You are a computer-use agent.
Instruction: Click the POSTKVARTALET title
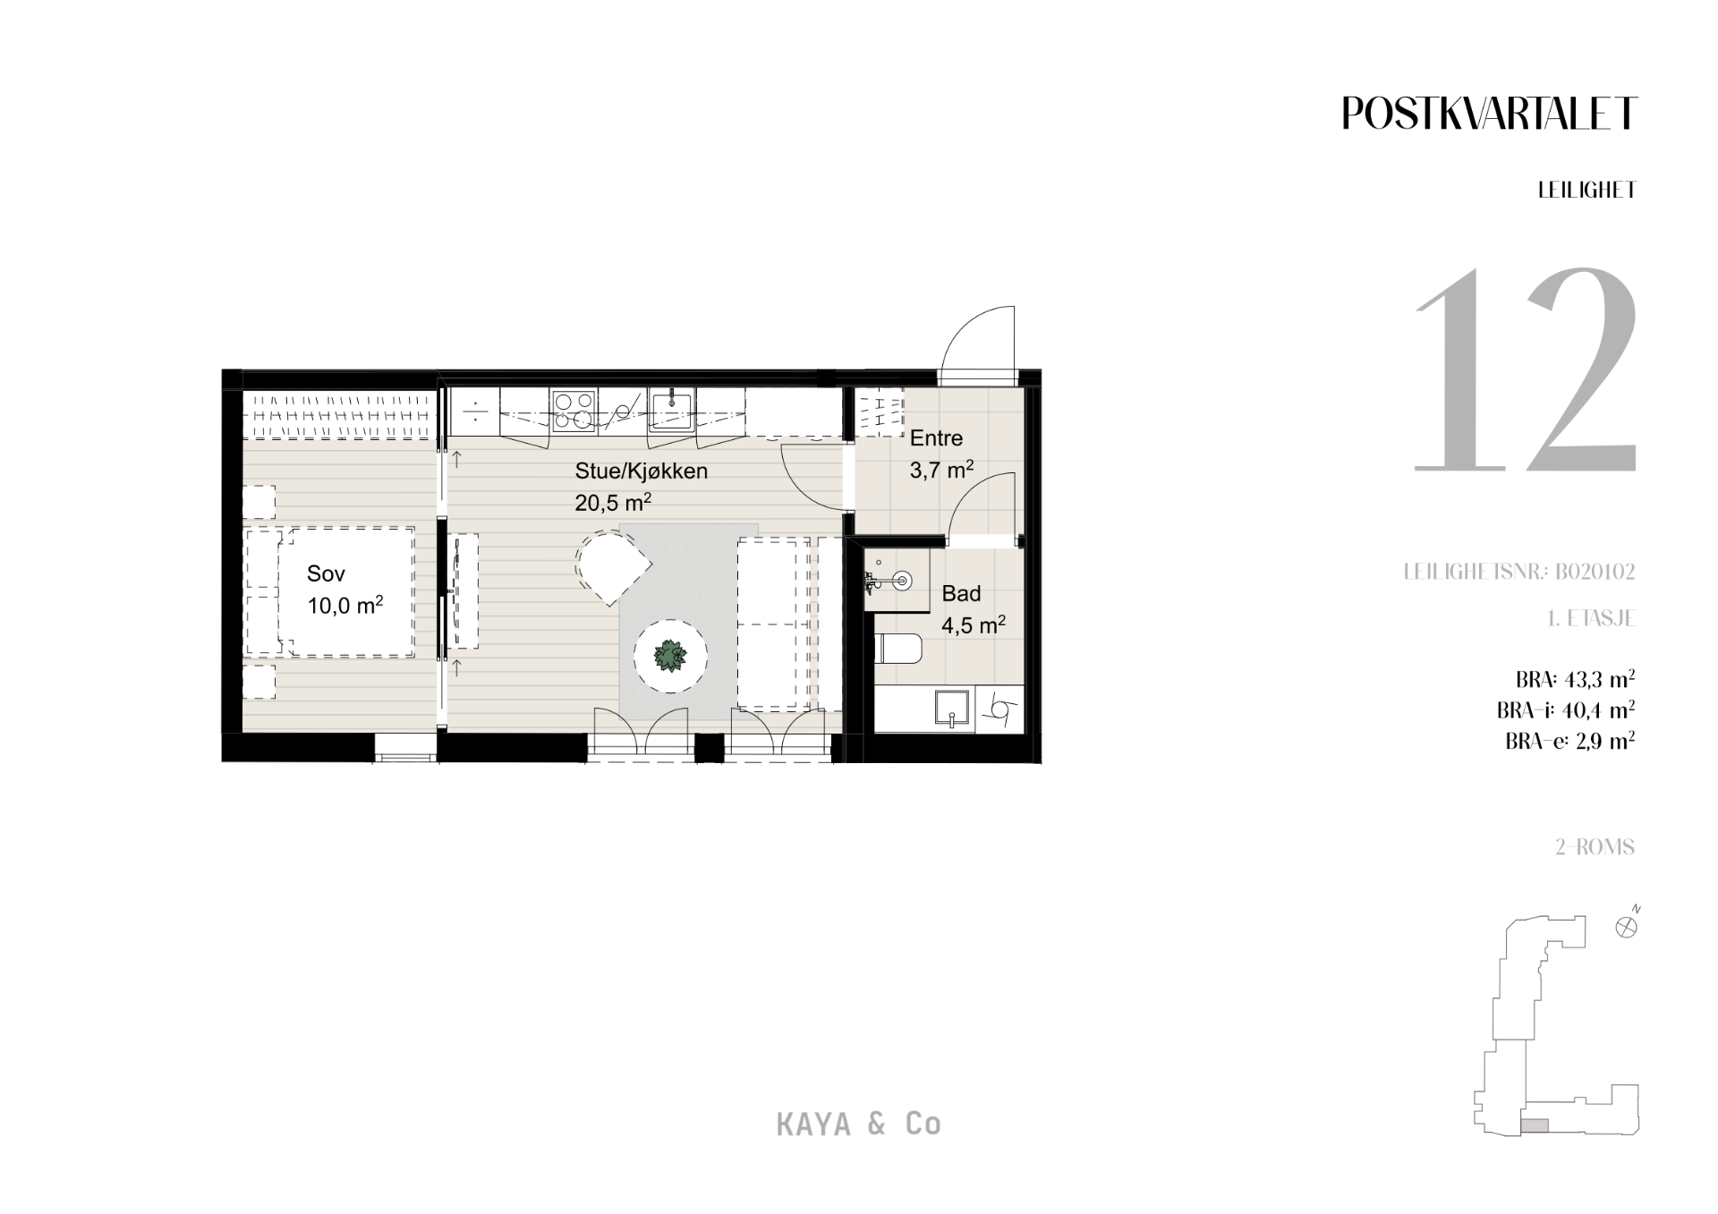click(x=1489, y=114)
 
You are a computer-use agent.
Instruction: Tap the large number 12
click(x=1525, y=369)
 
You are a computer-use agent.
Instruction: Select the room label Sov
click(x=326, y=573)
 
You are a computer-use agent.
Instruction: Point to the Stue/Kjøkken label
click(x=641, y=471)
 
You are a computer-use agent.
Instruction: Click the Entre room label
click(x=936, y=438)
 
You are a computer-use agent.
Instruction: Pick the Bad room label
click(x=961, y=593)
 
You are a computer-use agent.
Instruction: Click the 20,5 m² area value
click(x=613, y=502)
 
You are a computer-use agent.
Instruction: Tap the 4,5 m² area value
click(x=973, y=624)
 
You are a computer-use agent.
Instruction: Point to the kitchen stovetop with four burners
click(x=574, y=412)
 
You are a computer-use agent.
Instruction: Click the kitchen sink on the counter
click(x=671, y=410)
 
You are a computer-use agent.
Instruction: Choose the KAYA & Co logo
click(x=859, y=1124)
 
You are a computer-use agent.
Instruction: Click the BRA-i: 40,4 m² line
click(x=1566, y=710)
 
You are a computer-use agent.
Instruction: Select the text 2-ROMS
click(x=1595, y=846)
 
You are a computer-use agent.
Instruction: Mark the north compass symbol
click(x=1627, y=927)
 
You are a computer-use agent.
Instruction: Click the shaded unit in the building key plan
click(x=1535, y=1126)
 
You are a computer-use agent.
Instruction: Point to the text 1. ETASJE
click(x=1592, y=618)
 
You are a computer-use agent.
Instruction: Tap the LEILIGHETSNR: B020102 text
click(x=1519, y=572)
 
